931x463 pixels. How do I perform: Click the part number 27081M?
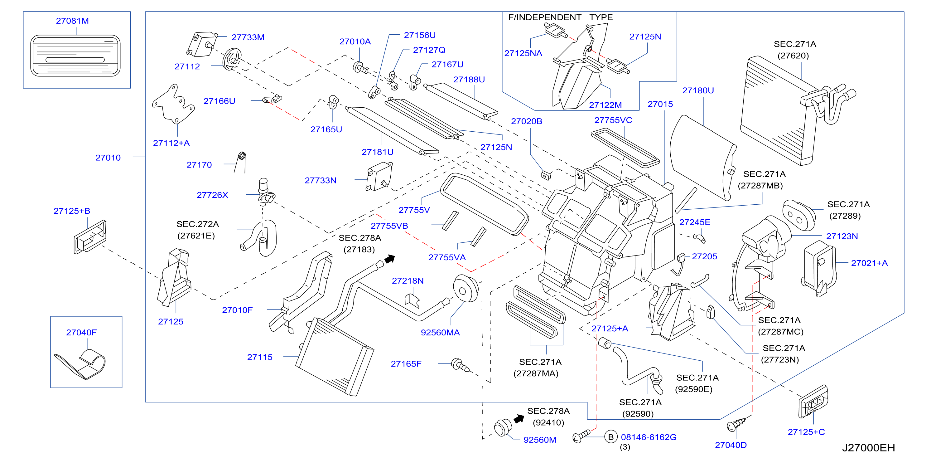click(72, 21)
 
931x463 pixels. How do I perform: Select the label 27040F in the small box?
click(81, 332)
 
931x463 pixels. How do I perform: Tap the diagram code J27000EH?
click(868, 448)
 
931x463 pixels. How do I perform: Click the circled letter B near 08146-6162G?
click(611, 437)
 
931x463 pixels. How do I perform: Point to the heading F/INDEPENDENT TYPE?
click(561, 17)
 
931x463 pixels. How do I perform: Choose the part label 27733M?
click(248, 37)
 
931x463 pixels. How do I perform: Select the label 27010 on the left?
click(108, 158)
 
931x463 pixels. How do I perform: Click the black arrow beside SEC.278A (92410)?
click(519, 419)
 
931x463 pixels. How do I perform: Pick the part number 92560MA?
click(440, 332)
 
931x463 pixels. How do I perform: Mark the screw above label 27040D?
click(736, 424)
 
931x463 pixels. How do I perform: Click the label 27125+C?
click(806, 432)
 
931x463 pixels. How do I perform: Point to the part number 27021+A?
click(869, 263)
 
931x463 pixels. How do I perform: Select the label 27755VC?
click(613, 120)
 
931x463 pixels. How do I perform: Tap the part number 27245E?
click(695, 222)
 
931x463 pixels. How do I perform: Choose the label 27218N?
click(408, 281)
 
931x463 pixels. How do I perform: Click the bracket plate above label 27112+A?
click(173, 104)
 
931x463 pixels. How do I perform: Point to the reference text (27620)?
click(793, 56)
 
